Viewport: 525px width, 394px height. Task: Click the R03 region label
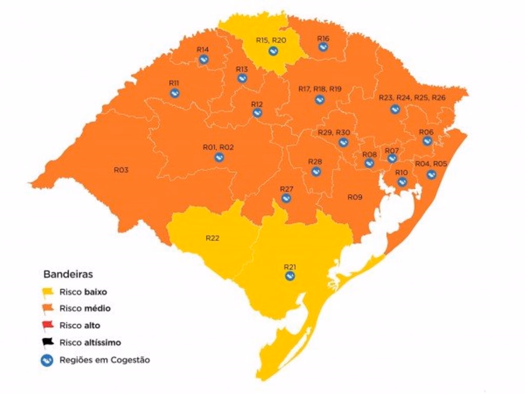coord(121,170)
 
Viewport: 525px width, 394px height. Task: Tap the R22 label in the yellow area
coord(213,238)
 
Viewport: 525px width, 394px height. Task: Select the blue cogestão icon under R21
coord(290,276)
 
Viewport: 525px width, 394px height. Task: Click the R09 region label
coord(355,197)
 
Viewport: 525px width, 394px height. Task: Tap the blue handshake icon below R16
coord(323,47)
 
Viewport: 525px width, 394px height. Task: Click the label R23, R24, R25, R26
coord(412,97)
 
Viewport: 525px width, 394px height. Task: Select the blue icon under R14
coord(204,60)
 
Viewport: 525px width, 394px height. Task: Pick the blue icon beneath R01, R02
coord(219,157)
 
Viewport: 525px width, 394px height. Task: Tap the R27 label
coord(287,189)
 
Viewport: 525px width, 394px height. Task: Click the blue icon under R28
coord(316,171)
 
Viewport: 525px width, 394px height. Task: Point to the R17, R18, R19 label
coord(319,89)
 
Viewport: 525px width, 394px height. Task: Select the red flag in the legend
coord(48,325)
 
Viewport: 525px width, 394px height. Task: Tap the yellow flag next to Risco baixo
coord(48,292)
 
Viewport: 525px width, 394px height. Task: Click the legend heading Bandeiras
coord(68,274)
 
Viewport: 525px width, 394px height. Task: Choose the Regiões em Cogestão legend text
coord(105,360)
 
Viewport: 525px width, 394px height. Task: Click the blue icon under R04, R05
coord(431,174)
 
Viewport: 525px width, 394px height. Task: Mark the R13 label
coord(242,69)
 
